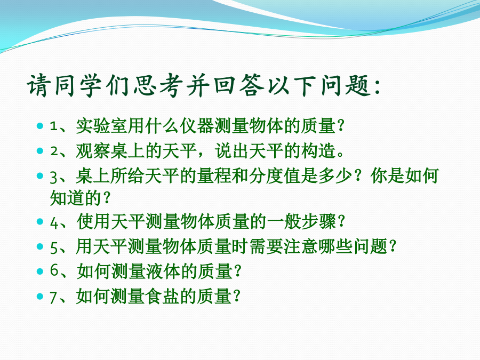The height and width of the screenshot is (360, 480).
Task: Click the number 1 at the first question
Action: tap(54, 126)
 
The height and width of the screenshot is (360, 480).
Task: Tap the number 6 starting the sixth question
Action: tap(54, 270)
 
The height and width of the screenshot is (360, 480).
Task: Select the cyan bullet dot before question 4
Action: tap(40, 221)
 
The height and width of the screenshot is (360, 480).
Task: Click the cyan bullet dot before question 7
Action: tap(40, 297)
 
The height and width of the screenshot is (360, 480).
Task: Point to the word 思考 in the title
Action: tap(158, 85)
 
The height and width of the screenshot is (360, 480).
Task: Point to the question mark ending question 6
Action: tap(237, 271)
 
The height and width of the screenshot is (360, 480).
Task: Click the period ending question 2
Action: tap(340, 154)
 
